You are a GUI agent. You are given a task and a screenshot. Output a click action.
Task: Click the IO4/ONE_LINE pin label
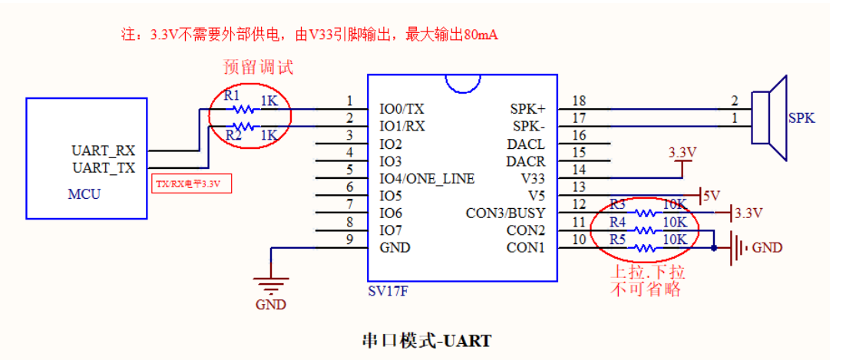click(427, 178)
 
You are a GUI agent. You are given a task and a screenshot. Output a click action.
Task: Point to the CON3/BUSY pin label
click(505, 213)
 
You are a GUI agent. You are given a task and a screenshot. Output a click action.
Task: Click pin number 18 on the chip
click(579, 101)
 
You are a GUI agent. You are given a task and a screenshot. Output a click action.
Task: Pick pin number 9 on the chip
click(349, 239)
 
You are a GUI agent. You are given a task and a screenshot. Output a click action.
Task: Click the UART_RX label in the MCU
click(103, 150)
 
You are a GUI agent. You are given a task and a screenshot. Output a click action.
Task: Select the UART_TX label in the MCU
click(103, 167)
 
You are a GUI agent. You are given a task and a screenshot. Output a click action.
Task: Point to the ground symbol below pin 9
click(269, 287)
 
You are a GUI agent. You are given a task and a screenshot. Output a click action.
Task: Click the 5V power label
click(711, 195)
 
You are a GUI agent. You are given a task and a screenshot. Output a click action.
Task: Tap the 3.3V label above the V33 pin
click(682, 153)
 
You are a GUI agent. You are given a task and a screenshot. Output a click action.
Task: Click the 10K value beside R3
click(674, 204)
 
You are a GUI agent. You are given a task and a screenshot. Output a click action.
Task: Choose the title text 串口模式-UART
click(426, 340)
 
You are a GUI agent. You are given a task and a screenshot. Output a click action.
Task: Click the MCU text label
click(84, 194)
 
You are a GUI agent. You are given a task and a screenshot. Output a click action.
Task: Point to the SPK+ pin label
click(527, 109)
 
